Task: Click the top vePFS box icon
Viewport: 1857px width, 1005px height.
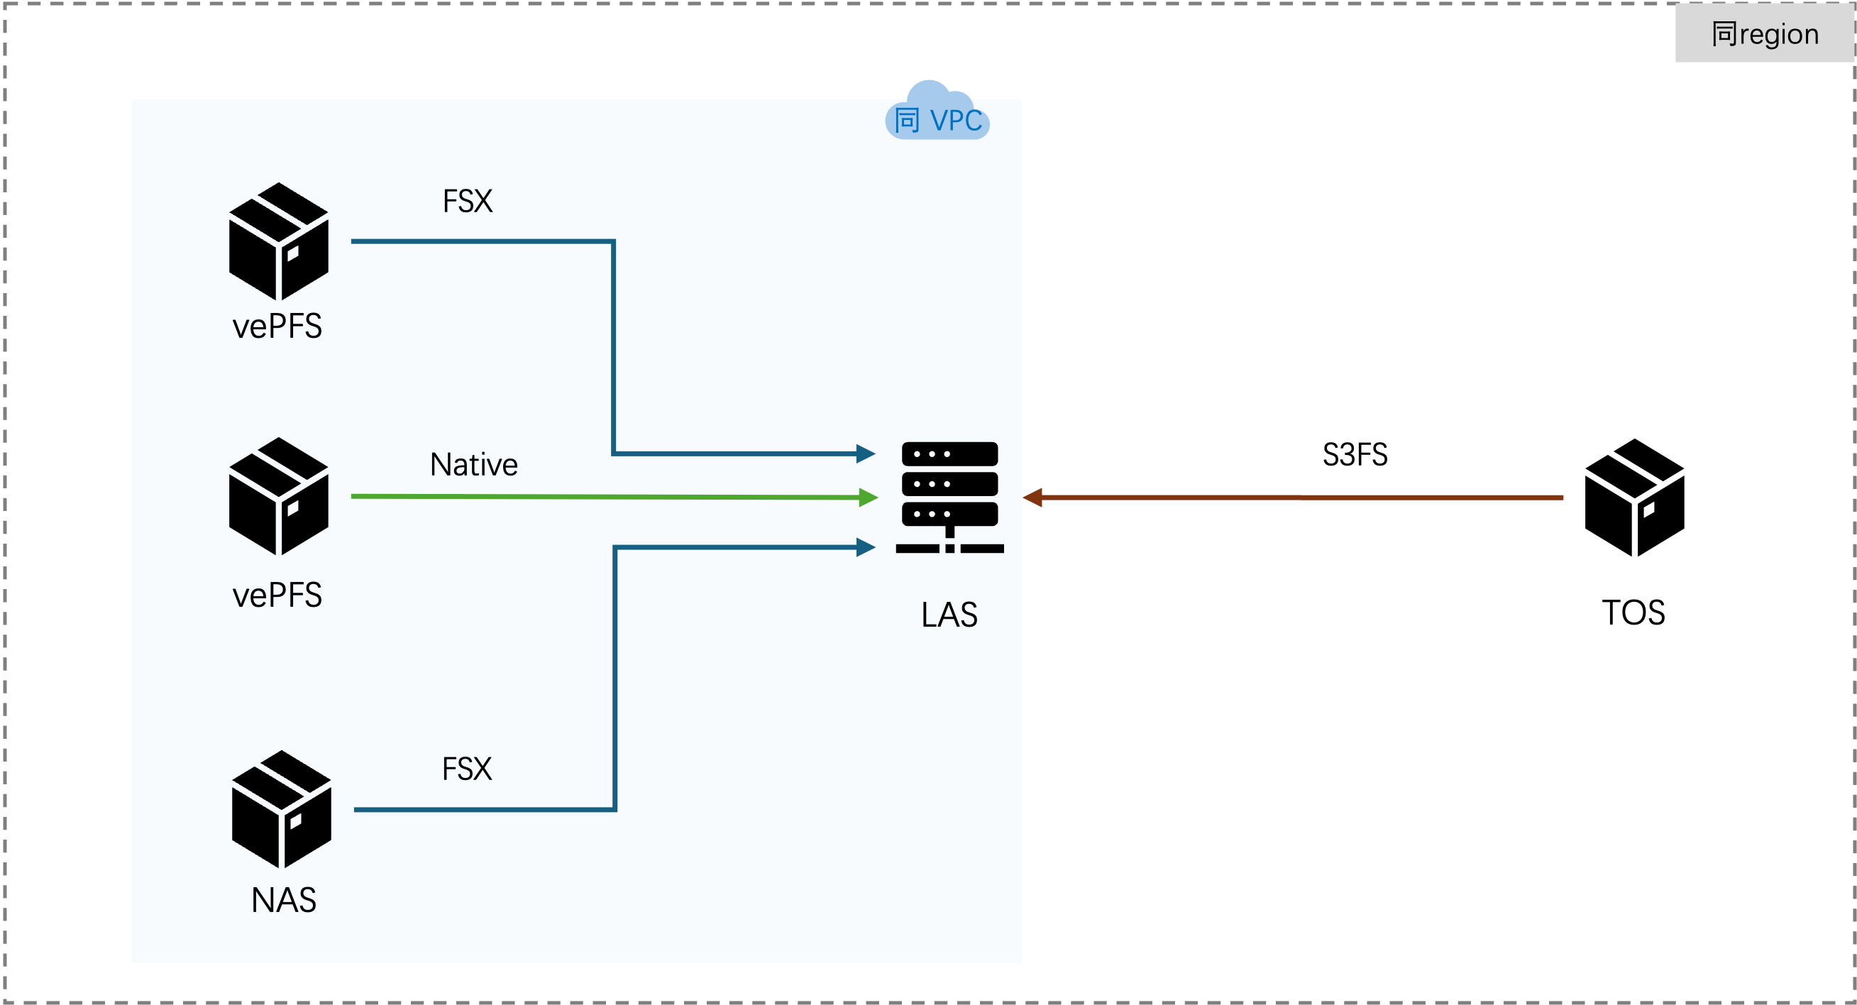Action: pyautogui.click(x=278, y=241)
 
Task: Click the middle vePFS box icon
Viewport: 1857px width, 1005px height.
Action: pyautogui.click(x=278, y=496)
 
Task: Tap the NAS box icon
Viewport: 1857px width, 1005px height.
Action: pyautogui.click(x=281, y=809)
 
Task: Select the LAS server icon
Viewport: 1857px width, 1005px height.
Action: pyautogui.click(x=949, y=498)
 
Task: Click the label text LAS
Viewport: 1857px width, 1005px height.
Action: pyautogui.click(x=949, y=615)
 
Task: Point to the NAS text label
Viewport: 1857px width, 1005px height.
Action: pyautogui.click(x=283, y=900)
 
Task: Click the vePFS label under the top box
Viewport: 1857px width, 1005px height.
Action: pyautogui.click(x=277, y=326)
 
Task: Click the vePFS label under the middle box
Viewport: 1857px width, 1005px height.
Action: pyautogui.click(x=277, y=595)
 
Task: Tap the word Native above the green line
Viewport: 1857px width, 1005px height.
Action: pyautogui.click(x=473, y=465)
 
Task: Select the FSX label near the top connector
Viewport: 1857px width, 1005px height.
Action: pyautogui.click(x=467, y=201)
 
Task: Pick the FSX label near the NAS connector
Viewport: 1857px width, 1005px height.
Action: pyautogui.click(x=466, y=769)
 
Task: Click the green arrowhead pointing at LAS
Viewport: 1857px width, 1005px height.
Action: pyautogui.click(x=868, y=498)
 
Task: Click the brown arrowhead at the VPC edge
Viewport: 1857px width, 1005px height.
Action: pyautogui.click(x=1033, y=498)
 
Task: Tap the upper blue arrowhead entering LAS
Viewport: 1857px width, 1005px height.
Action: pyautogui.click(x=866, y=454)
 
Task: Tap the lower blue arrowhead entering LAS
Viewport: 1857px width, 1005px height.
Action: pyautogui.click(x=866, y=548)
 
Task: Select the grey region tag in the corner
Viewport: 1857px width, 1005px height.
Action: pyautogui.click(x=1764, y=34)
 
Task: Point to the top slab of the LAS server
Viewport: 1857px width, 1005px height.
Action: pyautogui.click(x=949, y=454)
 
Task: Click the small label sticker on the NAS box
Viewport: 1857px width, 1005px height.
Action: pyautogui.click(x=296, y=821)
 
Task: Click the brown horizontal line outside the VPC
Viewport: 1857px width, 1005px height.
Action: pyautogui.click(x=1298, y=498)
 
